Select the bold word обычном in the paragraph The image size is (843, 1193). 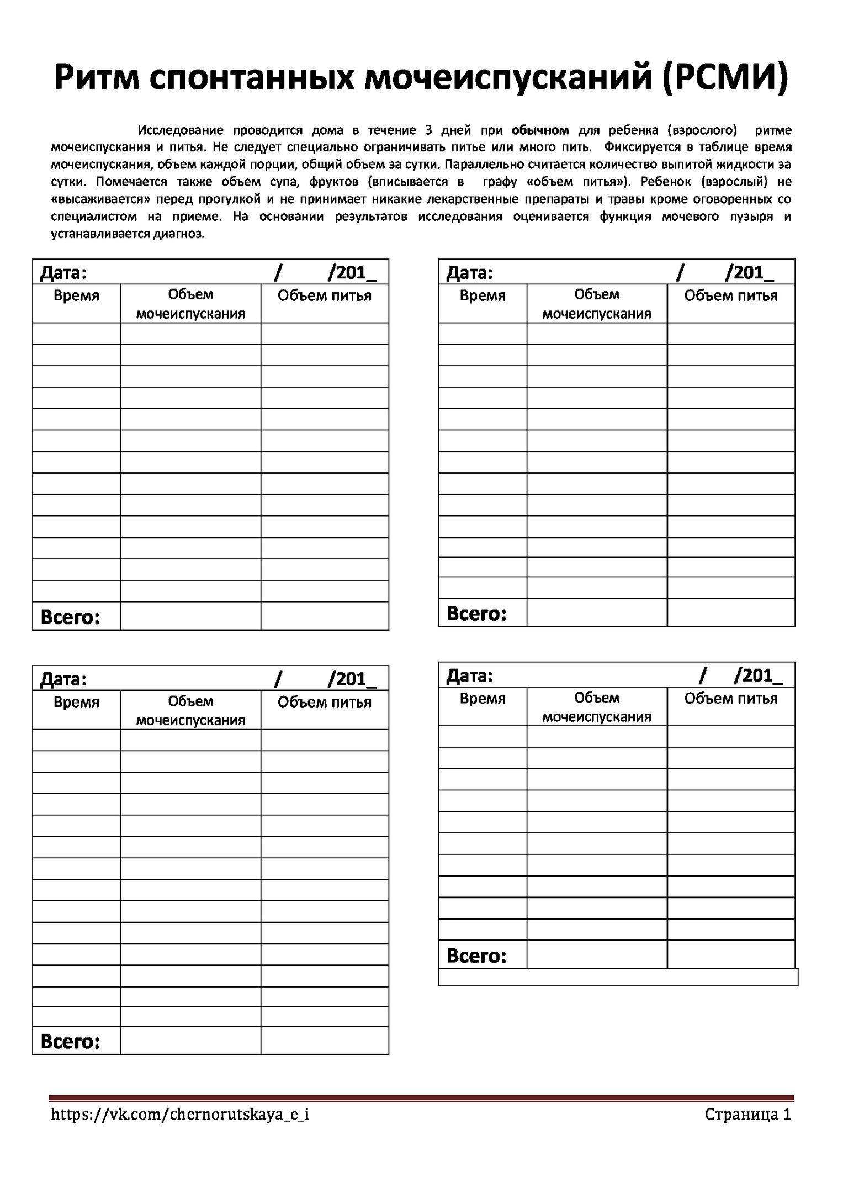[x=540, y=130]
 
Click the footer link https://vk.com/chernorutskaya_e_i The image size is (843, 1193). [x=180, y=1115]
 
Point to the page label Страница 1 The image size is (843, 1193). [x=748, y=1115]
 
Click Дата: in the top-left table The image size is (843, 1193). [x=63, y=272]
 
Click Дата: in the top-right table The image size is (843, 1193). [x=469, y=272]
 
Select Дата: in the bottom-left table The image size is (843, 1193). [x=63, y=679]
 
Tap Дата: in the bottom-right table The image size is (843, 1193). [x=469, y=675]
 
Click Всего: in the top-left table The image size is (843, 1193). [x=70, y=617]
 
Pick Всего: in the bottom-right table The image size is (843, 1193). [x=476, y=956]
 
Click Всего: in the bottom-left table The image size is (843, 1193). [x=70, y=1041]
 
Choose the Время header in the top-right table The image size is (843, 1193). [x=483, y=296]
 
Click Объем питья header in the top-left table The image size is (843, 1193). [x=325, y=296]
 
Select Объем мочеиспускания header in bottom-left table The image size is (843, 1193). [x=190, y=710]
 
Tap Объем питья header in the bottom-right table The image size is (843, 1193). [x=731, y=699]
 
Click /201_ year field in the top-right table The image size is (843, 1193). [x=750, y=272]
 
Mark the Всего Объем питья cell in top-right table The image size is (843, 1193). [x=731, y=613]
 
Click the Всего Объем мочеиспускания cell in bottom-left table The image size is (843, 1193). [x=190, y=1041]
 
